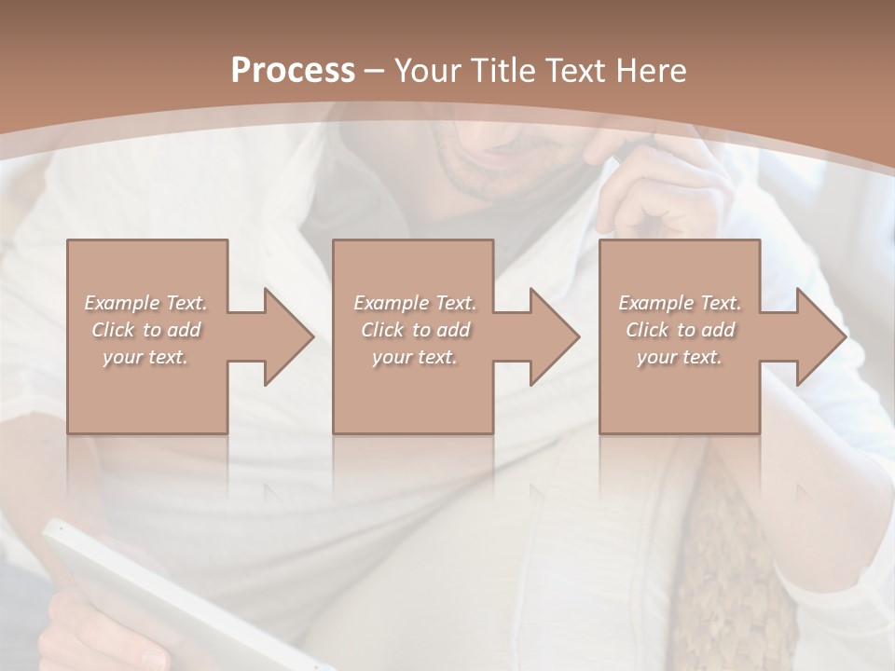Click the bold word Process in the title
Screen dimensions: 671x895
tap(293, 71)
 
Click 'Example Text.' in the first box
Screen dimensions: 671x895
tap(145, 303)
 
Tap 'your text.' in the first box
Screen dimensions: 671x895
tap(145, 357)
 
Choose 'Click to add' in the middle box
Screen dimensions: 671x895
tap(415, 330)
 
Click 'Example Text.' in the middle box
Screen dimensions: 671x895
tap(415, 303)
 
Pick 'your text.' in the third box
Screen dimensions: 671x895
tap(680, 357)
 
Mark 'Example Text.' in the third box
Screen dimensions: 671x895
tap(680, 303)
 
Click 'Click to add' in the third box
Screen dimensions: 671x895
tap(680, 330)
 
